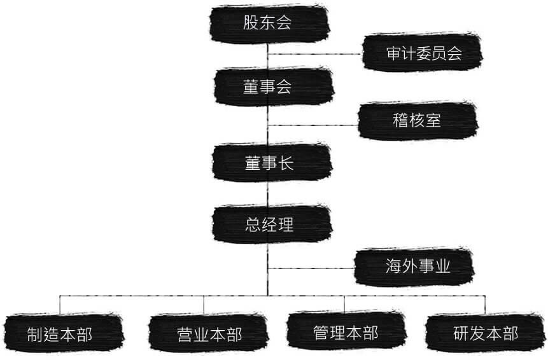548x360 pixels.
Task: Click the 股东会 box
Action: [x=269, y=24]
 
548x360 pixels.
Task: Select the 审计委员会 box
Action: [x=423, y=53]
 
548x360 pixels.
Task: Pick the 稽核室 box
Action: [x=418, y=120]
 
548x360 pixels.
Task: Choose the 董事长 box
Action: [x=272, y=163]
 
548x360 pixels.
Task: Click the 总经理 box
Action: [x=272, y=224]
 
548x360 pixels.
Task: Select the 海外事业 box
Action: [x=414, y=267]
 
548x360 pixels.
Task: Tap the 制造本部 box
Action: [x=64, y=333]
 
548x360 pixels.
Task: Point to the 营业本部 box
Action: [x=209, y=333]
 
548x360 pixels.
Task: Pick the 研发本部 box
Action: [x=486, y=333]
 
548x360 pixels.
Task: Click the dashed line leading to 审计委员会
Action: [x=315, y=54]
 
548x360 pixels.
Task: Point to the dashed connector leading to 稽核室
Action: [x=313, y=125]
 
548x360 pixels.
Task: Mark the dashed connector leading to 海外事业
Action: [x=311, y=268]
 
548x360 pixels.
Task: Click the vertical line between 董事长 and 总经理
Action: [x=268, y=193]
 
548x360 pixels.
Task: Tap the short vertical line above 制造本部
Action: [x=60, y=305]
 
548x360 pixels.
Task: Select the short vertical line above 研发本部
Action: [x=485, y=305]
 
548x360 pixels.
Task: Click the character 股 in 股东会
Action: [x=251, y=23]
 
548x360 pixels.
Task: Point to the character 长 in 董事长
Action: [x=286, y=163]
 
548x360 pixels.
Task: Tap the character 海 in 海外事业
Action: [x=393, y=266]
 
